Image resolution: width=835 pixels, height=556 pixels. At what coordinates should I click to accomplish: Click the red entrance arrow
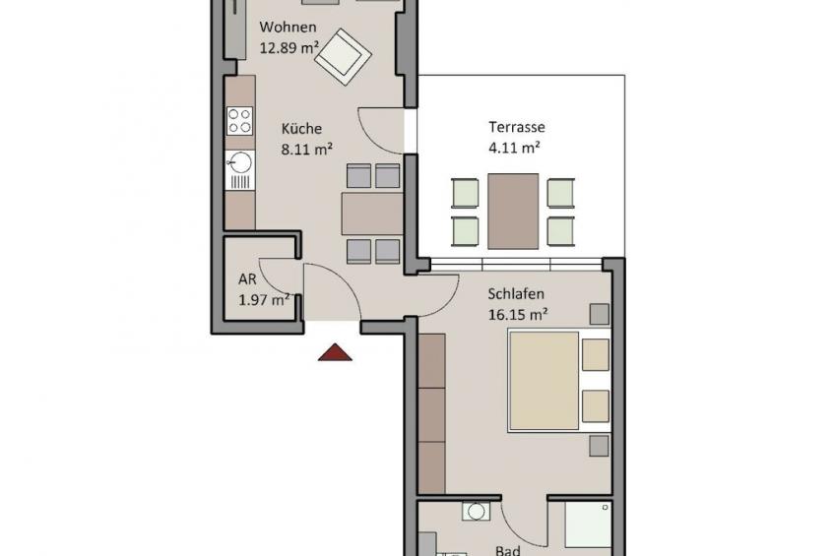[335, 352]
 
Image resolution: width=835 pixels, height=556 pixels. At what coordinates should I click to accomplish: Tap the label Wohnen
[288, 27]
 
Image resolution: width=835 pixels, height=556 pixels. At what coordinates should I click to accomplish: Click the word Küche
[302, 128]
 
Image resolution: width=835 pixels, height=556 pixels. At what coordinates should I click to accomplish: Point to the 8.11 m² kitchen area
[307, 149]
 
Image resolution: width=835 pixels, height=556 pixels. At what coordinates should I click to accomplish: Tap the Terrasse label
[517, 127]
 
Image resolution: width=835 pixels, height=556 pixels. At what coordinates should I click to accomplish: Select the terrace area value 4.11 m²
[514, 148]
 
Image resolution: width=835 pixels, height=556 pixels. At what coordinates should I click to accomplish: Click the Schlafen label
[516, 294]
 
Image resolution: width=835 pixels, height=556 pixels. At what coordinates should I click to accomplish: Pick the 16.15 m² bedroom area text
[518, 315]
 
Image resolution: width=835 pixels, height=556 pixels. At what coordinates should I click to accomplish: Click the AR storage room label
[247, 278]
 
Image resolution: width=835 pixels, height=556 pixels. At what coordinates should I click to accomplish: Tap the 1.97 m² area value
[264, 299]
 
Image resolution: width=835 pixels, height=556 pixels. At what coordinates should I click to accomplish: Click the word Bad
[508, 550]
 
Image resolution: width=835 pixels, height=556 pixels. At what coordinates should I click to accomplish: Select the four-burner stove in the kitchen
[239, 121]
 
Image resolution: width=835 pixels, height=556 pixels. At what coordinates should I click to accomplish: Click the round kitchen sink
[240, 162]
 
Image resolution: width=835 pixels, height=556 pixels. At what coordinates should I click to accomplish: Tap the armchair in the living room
[343, 57]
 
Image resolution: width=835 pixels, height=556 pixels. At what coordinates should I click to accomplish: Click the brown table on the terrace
[513, 212]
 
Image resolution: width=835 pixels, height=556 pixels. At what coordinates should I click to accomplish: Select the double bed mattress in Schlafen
[544, 381]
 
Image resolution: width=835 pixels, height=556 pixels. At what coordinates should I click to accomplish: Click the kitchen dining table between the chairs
[372, 214]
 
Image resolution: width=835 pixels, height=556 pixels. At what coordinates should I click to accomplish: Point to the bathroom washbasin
[476, 512]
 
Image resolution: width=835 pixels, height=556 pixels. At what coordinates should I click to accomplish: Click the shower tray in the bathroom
[588, 525]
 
